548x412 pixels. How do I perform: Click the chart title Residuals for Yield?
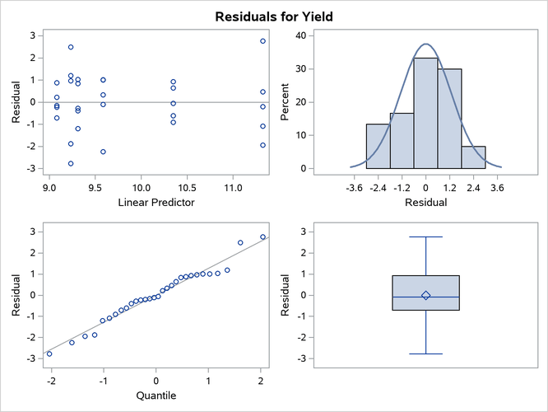[274, 16]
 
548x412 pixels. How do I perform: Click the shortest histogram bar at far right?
[473, 157]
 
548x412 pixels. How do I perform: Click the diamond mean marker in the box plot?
[425, 295]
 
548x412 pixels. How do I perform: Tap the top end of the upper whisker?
[425, 236]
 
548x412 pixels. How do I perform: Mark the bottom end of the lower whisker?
[425, 353]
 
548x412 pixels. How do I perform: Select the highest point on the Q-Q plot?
[263, 236]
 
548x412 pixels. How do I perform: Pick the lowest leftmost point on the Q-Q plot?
[49, 353]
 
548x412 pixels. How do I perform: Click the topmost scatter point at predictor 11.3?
[263, 40]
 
